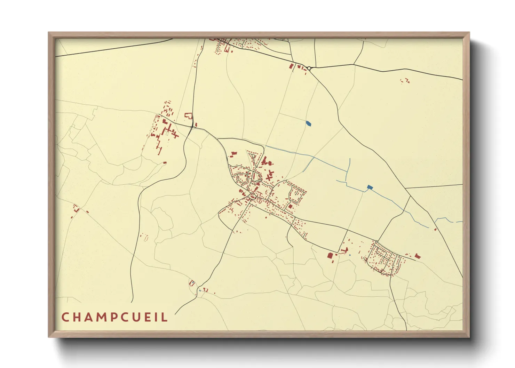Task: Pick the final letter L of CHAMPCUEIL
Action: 165,317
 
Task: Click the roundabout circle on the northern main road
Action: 309,68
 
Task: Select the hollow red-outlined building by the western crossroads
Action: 188,116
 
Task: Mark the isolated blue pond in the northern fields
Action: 308,123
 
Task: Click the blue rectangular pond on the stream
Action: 370,187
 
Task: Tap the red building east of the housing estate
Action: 418,256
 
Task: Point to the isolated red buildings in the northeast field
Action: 405,81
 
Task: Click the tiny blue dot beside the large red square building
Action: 349,256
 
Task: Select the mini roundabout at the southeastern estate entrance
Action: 377,241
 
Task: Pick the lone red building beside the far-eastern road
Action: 435,229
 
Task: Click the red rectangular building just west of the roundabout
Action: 292,66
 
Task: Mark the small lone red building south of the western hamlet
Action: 165,162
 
